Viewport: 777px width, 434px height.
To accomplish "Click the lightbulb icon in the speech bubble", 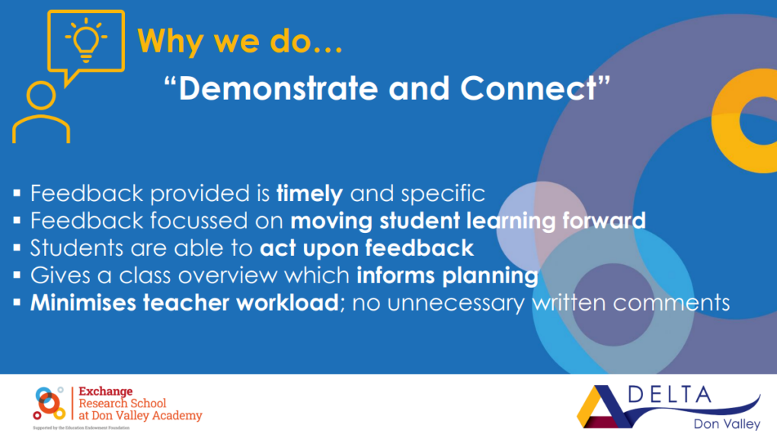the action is pyautogui.click(x=86, y=40).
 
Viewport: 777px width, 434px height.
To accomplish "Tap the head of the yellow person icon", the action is pyautogui.click(x=41, y=95).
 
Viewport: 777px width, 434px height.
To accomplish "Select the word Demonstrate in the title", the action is pyautogui.click(x=279, y=88).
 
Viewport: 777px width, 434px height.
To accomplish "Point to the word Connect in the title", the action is pyautogui.click(x=529, y=88).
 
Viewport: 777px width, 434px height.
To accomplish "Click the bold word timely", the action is pyautogui.click(x=309, y=193).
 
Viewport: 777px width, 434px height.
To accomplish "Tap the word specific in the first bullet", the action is pyautogui.click(x=443, y=193).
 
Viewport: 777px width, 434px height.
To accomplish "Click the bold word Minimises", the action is pyautogui.click(x=83, y=302).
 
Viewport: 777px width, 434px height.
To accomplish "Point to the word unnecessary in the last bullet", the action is pyautogui.click(x=456, y=303).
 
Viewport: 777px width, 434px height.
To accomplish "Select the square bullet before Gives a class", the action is pyautogui.click(x=17, y=274).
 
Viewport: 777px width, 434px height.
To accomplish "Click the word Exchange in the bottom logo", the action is pyautogui.click(x=106, y=391).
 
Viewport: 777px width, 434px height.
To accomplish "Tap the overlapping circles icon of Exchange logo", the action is pyautogui.click(x=49, y=403).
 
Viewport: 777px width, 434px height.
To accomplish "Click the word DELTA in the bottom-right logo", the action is pyautogui.click(x=670, y=395).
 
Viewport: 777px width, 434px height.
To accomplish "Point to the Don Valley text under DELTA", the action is pyautogui.click(x=727, y=423).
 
